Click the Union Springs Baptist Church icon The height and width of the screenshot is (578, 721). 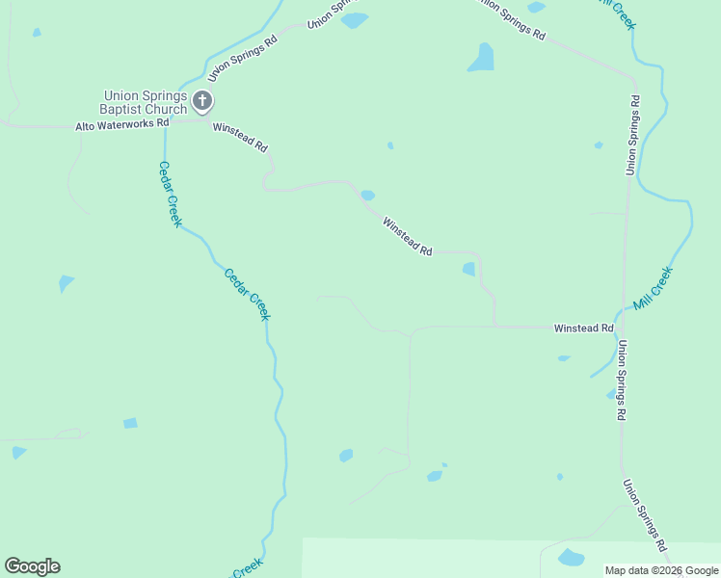pyautogui.click(x=202, y=100)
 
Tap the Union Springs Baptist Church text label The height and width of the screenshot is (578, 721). pyautogui.click(x=146, y=102)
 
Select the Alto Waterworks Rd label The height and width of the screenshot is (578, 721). pyautogui.click(x=122, y=124)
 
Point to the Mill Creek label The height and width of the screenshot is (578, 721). pyautogui.click(x=653, y=289)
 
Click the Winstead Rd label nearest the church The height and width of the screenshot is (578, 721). pyautogui.click(x=240, y=136)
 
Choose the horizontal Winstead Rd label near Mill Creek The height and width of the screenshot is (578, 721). pyautogui.click(x=583, y=328)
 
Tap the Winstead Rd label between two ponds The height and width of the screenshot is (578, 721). pyautogui.click(x=407, y=237)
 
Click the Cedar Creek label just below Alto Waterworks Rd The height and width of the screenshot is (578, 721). pyautogui.click(x=170, y=194)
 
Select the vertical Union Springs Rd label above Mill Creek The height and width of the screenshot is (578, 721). pyautogui.click(x=632, y=135)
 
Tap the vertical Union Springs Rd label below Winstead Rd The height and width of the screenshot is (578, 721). pyautogui.click(x=623, y=381)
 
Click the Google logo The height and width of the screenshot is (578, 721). pyautogui.click(x=32, y=566)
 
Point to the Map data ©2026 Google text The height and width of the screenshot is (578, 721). pyautogui.click(x=661, y=570)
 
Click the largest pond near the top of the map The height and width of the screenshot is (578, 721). pyautogui.click(x=481, y=58)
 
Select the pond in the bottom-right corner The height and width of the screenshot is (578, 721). pyautogui.click(x=572, y=558)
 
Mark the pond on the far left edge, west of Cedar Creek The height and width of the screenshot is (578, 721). pyautogui.click(x=65, y=283)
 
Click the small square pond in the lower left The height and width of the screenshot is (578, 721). pyautogui.click(x=130, y=423)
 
